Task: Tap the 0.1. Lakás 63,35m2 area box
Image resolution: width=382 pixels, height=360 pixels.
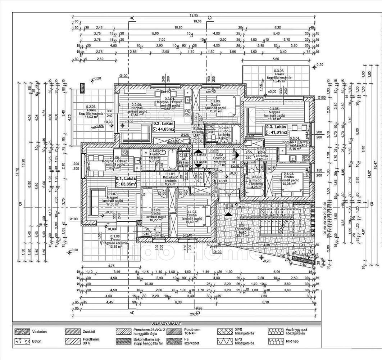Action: tap(126, 181)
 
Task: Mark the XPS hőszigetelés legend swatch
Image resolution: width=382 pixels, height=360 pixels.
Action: tap(225, 330)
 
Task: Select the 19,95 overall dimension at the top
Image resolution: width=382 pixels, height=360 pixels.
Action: tap(194, 15)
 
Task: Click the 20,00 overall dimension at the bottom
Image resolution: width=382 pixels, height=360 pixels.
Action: tap(194, 314)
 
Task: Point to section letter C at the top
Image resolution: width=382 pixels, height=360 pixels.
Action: tap(209, 18)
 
